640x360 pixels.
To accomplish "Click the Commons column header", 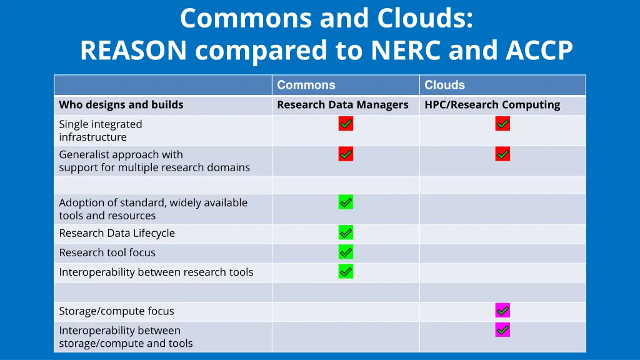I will [306, 85].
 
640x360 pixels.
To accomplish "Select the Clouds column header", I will [444, 85].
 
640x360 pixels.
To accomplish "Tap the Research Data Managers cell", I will [342, 105].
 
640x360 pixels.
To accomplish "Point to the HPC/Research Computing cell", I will [492, 105].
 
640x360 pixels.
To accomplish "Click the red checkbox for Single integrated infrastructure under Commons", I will [346, 124].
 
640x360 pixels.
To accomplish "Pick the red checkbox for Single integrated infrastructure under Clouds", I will [502, 124].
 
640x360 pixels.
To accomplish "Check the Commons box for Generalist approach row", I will [346, 154].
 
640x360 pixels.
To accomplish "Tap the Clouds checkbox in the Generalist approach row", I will [502, 154].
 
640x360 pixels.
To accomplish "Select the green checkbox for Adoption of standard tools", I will [346, 202].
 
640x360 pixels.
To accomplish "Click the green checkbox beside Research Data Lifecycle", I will [346, 232].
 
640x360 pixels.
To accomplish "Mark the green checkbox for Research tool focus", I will [346, 252].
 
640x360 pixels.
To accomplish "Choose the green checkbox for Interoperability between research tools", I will [346, 271].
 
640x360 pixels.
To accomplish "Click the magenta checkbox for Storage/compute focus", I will [502, 310].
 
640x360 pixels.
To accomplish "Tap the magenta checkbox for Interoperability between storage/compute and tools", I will [502, 330].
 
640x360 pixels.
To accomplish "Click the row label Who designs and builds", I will [121, 105].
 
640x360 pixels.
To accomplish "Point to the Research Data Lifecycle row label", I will [117, 233].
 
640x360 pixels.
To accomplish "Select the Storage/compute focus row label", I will [116, 311].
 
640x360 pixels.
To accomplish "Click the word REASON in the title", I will [133, 51].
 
